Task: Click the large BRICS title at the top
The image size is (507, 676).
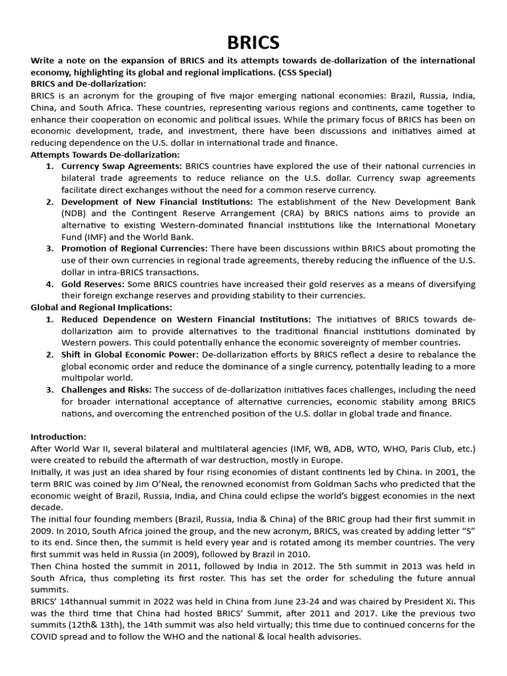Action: pos(253,44)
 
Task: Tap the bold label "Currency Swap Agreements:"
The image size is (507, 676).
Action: pos(121,166)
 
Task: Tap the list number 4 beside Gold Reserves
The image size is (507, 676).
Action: pos(49,284)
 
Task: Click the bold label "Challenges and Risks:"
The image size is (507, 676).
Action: pos(106,390)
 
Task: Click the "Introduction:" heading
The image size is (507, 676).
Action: pos(59,437)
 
